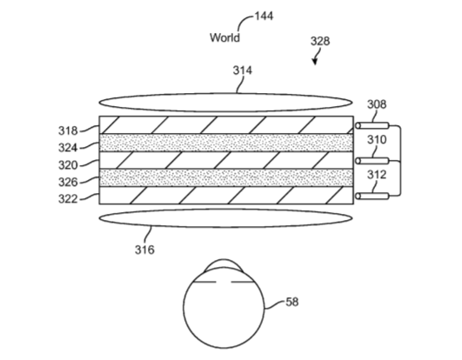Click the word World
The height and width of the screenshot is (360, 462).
pos(224,37)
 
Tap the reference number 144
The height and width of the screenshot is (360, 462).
pos(264,16)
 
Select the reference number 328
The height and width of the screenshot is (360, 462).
pos(320,41)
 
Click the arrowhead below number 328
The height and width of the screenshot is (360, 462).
pos(315,62)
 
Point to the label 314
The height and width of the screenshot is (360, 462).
pos(243,70)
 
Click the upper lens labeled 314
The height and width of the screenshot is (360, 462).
pos(225,103)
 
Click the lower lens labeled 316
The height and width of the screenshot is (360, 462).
pos(225,218)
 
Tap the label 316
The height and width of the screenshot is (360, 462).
pos(144,250)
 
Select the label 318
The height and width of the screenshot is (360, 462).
pos(68,130)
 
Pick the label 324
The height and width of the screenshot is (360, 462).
pos(68,148)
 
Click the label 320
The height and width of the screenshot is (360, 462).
pos(68,165)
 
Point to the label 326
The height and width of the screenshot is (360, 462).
pos(68,183)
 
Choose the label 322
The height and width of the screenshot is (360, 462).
pos(68,199)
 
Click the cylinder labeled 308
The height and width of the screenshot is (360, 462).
pos(372,126)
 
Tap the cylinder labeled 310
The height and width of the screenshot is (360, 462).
pos(372,161)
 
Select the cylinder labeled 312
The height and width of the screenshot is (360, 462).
pos(372,196)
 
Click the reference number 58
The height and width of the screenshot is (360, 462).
pos(292,302)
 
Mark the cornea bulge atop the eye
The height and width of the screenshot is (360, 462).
pos(224,264)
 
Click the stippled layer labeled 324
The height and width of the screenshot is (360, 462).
pos(226,143)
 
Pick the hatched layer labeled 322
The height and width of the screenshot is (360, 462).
pos(226,195)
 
